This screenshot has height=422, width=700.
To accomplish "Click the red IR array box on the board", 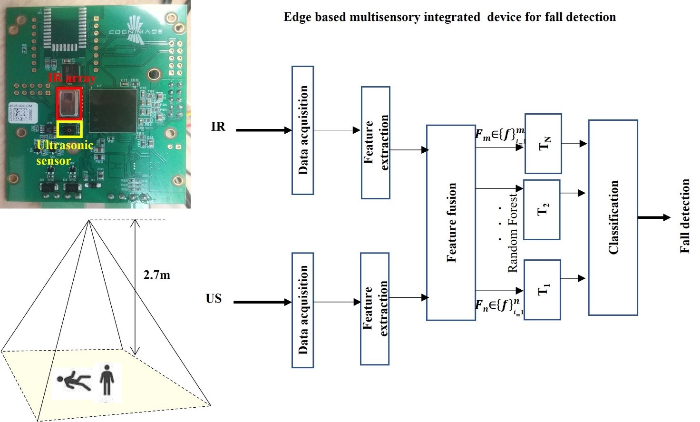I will [69, 103].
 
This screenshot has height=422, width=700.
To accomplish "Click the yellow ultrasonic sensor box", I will [69, 129].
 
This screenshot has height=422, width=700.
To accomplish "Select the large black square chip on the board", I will [113, 110].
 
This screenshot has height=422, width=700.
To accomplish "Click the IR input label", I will [218, 127].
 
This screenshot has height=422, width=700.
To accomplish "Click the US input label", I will [214, 298].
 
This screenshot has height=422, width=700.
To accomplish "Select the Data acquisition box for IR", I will [302, 130].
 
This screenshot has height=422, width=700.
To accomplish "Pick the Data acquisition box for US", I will [302, 310].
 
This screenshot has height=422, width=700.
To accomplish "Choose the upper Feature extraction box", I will [375, 142].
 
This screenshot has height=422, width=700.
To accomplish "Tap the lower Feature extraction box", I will [375, 308].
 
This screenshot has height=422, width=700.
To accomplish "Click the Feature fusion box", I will [451, 222].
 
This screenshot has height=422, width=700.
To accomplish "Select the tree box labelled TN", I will [543, 143].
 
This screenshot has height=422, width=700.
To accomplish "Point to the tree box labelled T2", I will [542, 209].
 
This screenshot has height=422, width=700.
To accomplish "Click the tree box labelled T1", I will [542, 289].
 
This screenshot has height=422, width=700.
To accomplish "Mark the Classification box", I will [612, 217].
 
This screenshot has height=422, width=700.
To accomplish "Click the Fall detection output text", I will [684, 216].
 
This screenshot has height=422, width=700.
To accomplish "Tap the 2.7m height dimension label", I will [156, 275].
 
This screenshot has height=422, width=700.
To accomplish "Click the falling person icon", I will [74, 381].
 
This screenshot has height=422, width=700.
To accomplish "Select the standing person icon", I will [107, 380].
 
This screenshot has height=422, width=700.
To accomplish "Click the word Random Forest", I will [512, 233].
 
